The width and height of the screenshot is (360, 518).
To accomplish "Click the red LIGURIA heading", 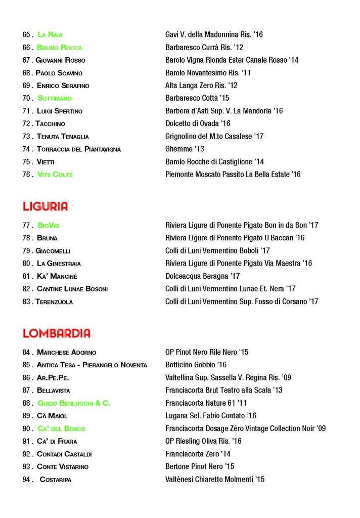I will tap(45, 206).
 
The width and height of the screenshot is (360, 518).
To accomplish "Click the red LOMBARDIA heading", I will tap(57, 333).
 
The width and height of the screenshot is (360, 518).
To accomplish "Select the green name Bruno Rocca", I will tap(59, 48).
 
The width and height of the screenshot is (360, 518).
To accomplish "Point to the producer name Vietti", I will tap(46, 162).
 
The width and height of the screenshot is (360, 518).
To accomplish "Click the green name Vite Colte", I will tap(55, 175).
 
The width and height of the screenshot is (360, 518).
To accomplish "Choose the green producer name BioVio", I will tap(49, 226).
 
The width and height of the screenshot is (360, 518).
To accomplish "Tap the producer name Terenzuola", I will tap(54, 302).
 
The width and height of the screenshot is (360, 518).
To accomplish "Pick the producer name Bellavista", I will tap(54, 391).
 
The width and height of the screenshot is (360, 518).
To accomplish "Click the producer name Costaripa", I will tap(55, 480).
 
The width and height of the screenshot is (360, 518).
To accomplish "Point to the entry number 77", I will tap(27, 226).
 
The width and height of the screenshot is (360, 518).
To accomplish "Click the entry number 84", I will tap(27, 352).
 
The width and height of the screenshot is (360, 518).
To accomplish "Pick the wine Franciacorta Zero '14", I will tap(198, 454).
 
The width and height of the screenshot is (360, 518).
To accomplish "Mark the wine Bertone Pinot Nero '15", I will tap(200, 467).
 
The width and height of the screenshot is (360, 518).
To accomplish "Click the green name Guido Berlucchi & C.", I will tap(74, 403).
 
